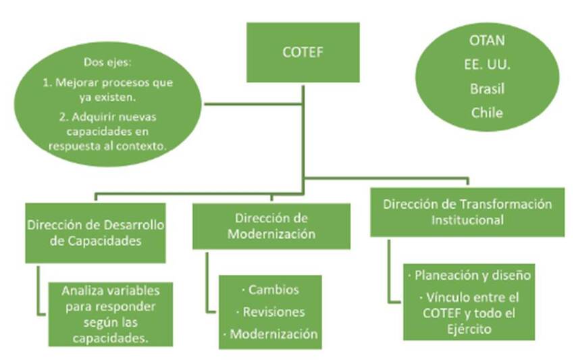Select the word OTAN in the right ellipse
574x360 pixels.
[487, 40]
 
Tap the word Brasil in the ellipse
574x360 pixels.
[487, 88]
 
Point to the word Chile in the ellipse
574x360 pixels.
[487, 113]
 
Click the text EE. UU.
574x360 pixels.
[487, 64]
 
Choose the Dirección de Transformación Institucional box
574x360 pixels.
[467, 211]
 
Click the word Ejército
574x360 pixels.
[468, 329]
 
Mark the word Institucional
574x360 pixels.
[467, 220]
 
